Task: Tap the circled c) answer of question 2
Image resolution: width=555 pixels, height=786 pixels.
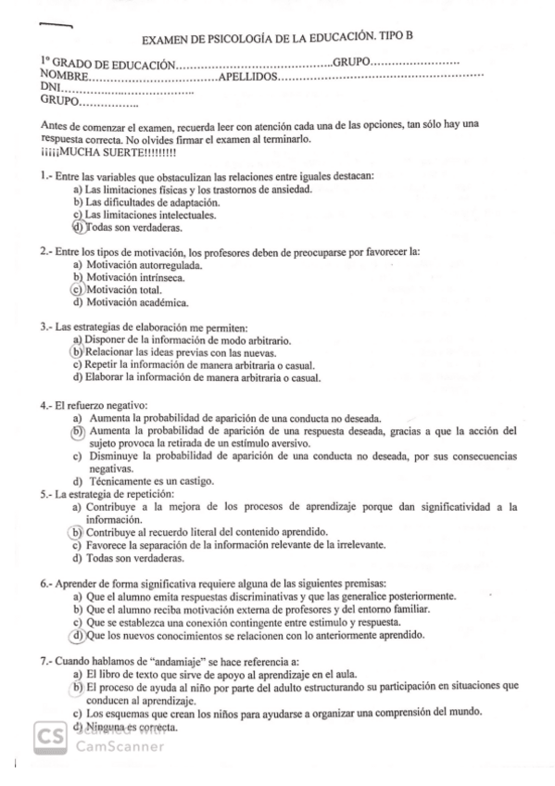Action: [x=77, y=289]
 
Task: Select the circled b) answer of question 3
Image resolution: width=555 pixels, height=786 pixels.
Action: [x=78, y=352]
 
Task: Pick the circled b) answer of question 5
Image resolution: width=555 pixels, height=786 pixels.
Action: [x=77, y=532]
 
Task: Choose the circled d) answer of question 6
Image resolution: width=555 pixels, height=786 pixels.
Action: [x=77, y=636]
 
